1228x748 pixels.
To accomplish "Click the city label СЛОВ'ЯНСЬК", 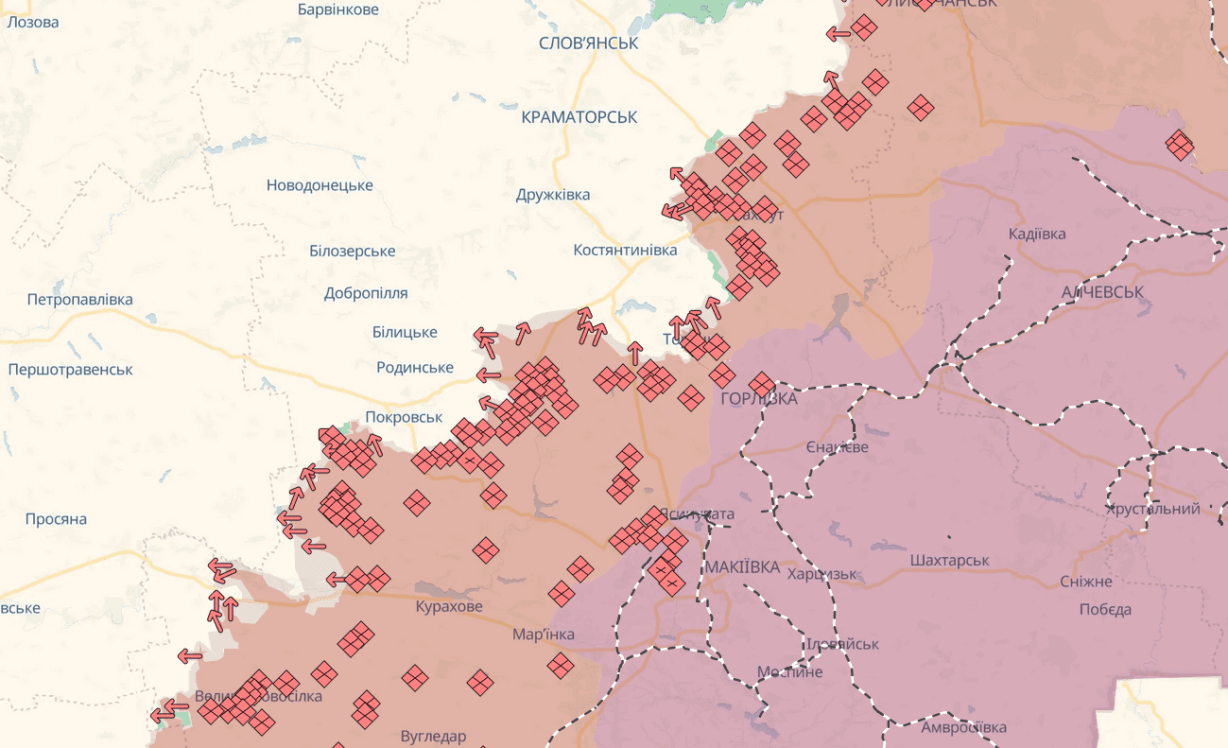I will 588,43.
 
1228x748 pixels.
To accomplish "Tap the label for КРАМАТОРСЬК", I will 579,117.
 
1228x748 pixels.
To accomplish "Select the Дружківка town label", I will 553,195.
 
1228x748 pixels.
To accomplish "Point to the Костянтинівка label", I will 625,251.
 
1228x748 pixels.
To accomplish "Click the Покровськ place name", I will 404,417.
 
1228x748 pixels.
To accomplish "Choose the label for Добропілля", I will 366,293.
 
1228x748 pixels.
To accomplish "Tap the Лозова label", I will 32,22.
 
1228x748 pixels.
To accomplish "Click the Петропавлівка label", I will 79,300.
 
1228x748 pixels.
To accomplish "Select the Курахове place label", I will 449,606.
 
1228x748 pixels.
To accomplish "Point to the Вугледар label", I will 434,737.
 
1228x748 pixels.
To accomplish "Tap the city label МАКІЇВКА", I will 742,567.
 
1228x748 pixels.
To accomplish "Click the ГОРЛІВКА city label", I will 759,399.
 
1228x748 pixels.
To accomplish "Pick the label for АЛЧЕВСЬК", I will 1102,292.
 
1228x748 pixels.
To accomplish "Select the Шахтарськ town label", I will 949,561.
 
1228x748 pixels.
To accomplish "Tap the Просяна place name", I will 56,519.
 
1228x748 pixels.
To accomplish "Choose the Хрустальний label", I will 1152,509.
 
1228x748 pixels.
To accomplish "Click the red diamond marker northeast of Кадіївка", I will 1179,145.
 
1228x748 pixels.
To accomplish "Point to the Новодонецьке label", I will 320,185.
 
